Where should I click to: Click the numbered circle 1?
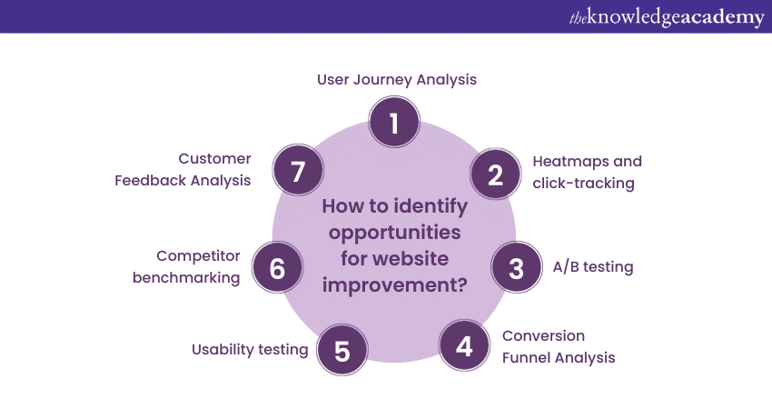[x=393, y=123]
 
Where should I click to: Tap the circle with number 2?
[x=495, y=174]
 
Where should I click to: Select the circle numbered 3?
[x=517, y=268]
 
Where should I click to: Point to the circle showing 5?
[x=342, y=351]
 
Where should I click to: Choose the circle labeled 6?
[x=277, y=268]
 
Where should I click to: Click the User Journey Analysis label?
[x=397, y=80]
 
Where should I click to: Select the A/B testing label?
[x=593, y=267]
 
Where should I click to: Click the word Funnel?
[x=527, y=357]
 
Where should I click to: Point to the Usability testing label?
[x=250, y=349]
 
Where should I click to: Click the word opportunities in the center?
[x=394, y=233]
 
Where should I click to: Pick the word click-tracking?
[x=583, y=183]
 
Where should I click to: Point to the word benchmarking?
[x=186, y=277]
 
